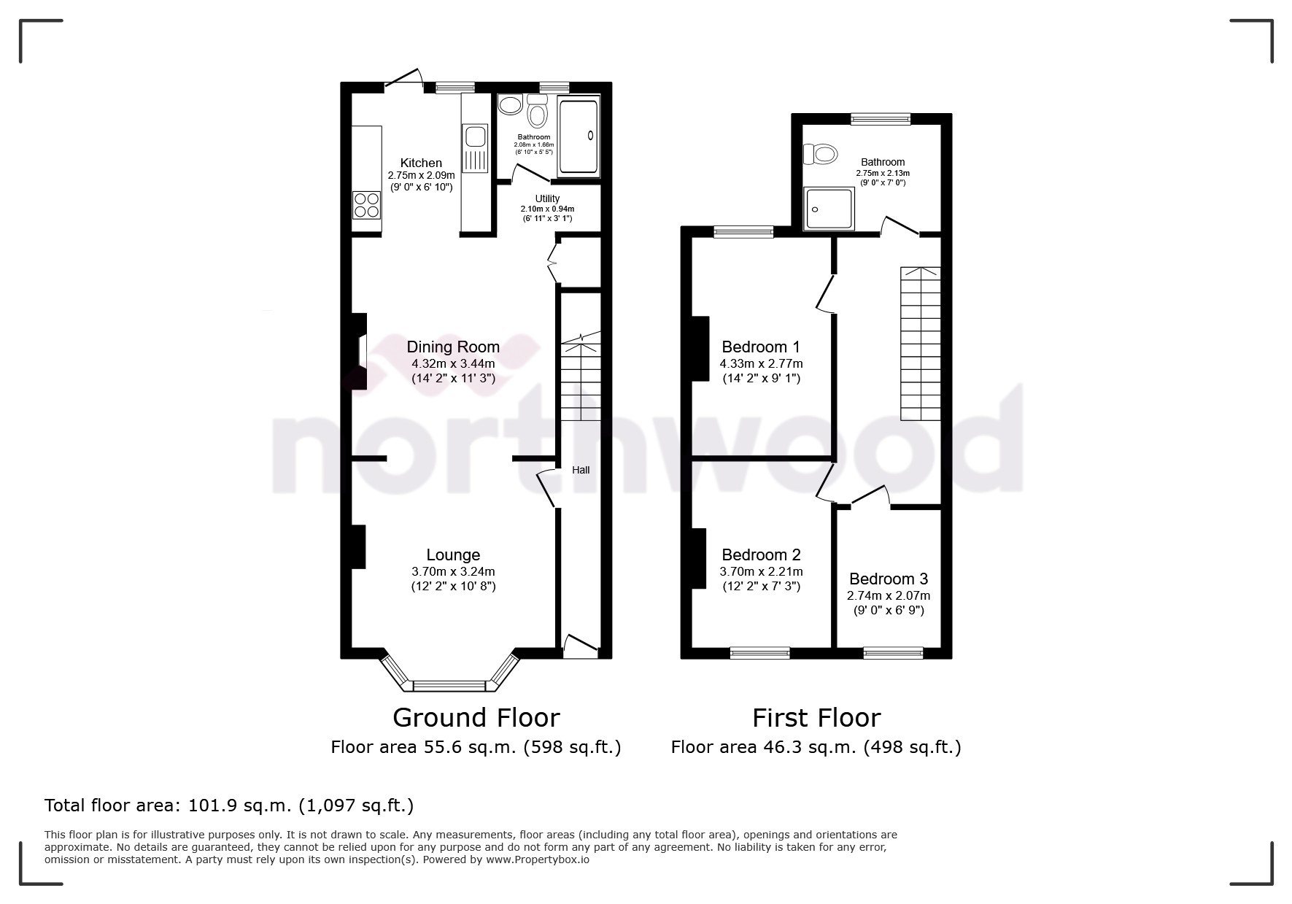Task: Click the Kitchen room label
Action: coord(421,163)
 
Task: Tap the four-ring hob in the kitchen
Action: coord(366,205)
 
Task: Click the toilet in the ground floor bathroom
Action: coord(538,114)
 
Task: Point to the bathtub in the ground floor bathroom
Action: coord(578,136)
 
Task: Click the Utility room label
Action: coord(547,198)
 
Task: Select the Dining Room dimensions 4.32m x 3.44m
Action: coord(452,363)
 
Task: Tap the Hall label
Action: coord(581,471)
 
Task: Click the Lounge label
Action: coord(453,555)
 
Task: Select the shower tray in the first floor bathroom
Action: coord(829,209)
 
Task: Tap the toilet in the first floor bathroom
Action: coord(820,154)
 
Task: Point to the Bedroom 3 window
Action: coord(893,653)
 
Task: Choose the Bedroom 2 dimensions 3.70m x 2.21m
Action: coord(761,572)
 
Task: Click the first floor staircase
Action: coord(920,344)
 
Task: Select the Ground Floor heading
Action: coord(476,718)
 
